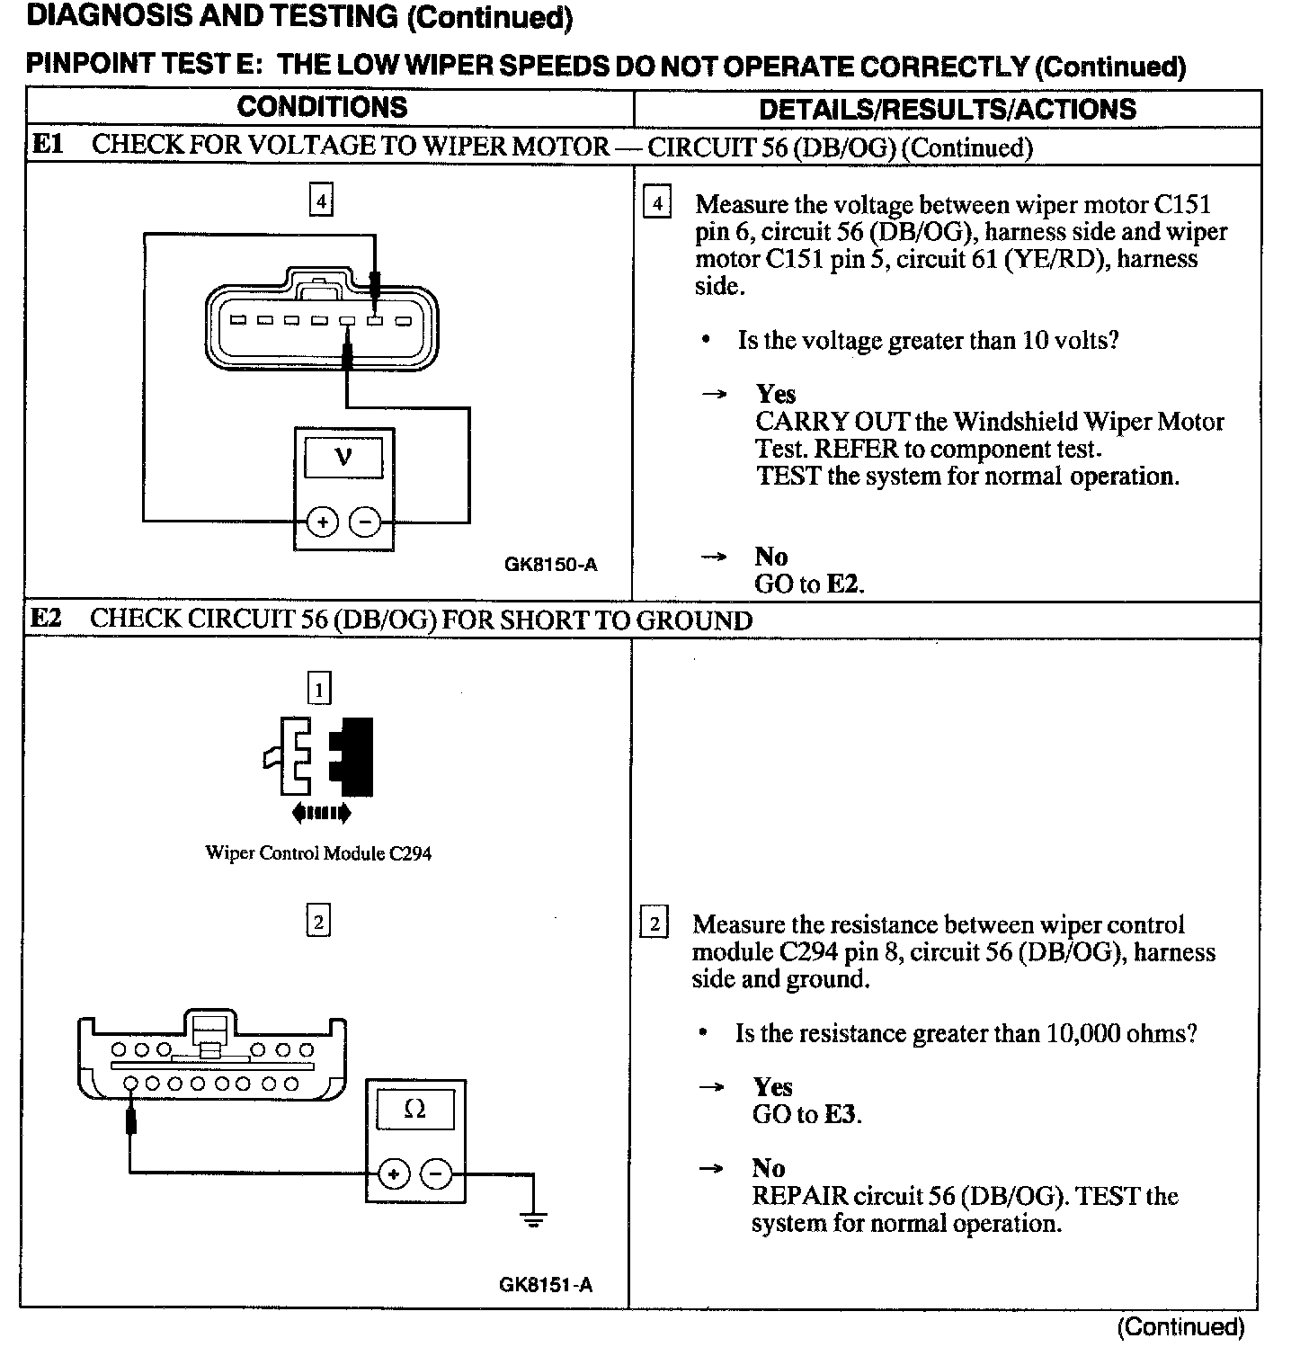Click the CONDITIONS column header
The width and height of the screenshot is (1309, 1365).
click(x=322, y=107)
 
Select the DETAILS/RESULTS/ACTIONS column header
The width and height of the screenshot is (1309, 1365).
click(x=947, y=109)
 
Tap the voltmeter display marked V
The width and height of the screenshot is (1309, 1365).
click(x=343, y=458)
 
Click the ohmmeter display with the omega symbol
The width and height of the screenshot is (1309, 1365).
click(x=414, y=1110)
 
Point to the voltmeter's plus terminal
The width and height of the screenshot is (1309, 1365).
click(x=323, y=522)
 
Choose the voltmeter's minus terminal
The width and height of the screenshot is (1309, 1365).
click(x=364, y=522)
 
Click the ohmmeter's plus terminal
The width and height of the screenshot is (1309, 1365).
click(x=394, y=1173)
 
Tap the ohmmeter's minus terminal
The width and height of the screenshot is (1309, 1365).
click(x=435, y=1173)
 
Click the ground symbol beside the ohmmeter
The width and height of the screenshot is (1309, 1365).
click(x=534, y=1220)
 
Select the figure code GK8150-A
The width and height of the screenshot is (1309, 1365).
click(x=550, y=565)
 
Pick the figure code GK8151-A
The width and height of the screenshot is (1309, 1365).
click(x=546, y=1284)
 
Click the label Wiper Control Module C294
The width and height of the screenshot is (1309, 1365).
click(x=318, y=853)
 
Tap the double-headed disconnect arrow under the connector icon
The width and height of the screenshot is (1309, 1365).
click(x=321, y=814)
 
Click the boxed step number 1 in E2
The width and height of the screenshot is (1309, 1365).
click(x=319, y=689)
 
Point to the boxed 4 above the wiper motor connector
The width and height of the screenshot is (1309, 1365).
click(x=321, y=200)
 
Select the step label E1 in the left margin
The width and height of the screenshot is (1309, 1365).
click(x=48, y=145)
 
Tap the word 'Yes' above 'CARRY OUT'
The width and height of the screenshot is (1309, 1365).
click(x=776, y=394)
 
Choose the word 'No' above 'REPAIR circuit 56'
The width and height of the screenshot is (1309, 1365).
click(x=769, y=1168)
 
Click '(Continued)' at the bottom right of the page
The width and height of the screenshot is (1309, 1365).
click(x=1180, y=1327)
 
